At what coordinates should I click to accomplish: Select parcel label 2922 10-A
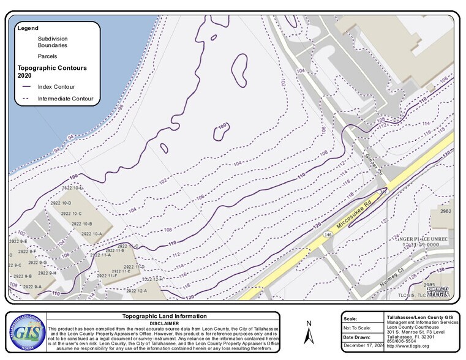click(90, 233)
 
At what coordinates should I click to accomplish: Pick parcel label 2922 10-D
click(59, 203)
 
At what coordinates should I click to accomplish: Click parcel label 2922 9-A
click(29, 287)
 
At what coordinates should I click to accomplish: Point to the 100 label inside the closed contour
click(222, 127)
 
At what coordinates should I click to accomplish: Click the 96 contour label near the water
click(121, 107)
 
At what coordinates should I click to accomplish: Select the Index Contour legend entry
click(56, 87)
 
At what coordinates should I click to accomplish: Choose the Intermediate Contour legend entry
click(65, 98)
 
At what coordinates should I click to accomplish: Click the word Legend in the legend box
click(28, 28)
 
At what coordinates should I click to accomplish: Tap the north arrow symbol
click(310, 334)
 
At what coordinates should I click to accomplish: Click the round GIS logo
click(26, 333)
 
